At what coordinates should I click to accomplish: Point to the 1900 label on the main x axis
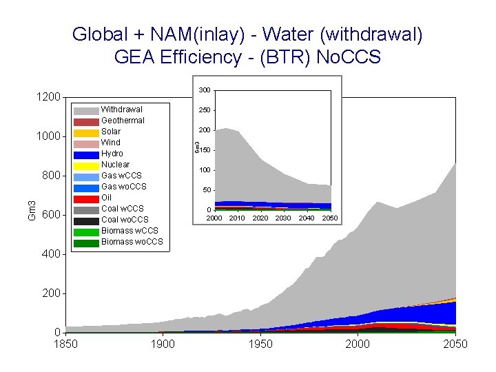tap(163, 344)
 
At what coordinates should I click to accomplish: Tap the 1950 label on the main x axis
tap(260, 344)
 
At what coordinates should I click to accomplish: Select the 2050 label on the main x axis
tap(455, 344)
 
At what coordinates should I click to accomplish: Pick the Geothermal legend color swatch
tap(86, 121)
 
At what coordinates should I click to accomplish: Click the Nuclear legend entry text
tap(115, 165)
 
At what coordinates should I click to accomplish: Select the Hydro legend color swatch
tap(86, 154)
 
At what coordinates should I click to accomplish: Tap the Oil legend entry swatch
tap(86, 198)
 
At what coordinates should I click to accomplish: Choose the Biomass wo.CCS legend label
tap(132, 242)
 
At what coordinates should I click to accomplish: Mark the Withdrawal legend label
tap(121, 110)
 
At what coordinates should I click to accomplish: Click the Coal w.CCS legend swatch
tap(86, 209)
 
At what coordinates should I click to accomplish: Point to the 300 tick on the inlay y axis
tap(205, 91)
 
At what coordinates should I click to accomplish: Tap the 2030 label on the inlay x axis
tap(283, 218)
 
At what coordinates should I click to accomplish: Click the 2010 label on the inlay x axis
tap(237, 218)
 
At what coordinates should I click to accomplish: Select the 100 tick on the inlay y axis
tap(205, 170)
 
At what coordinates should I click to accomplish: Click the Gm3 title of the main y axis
tap(32, 210)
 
